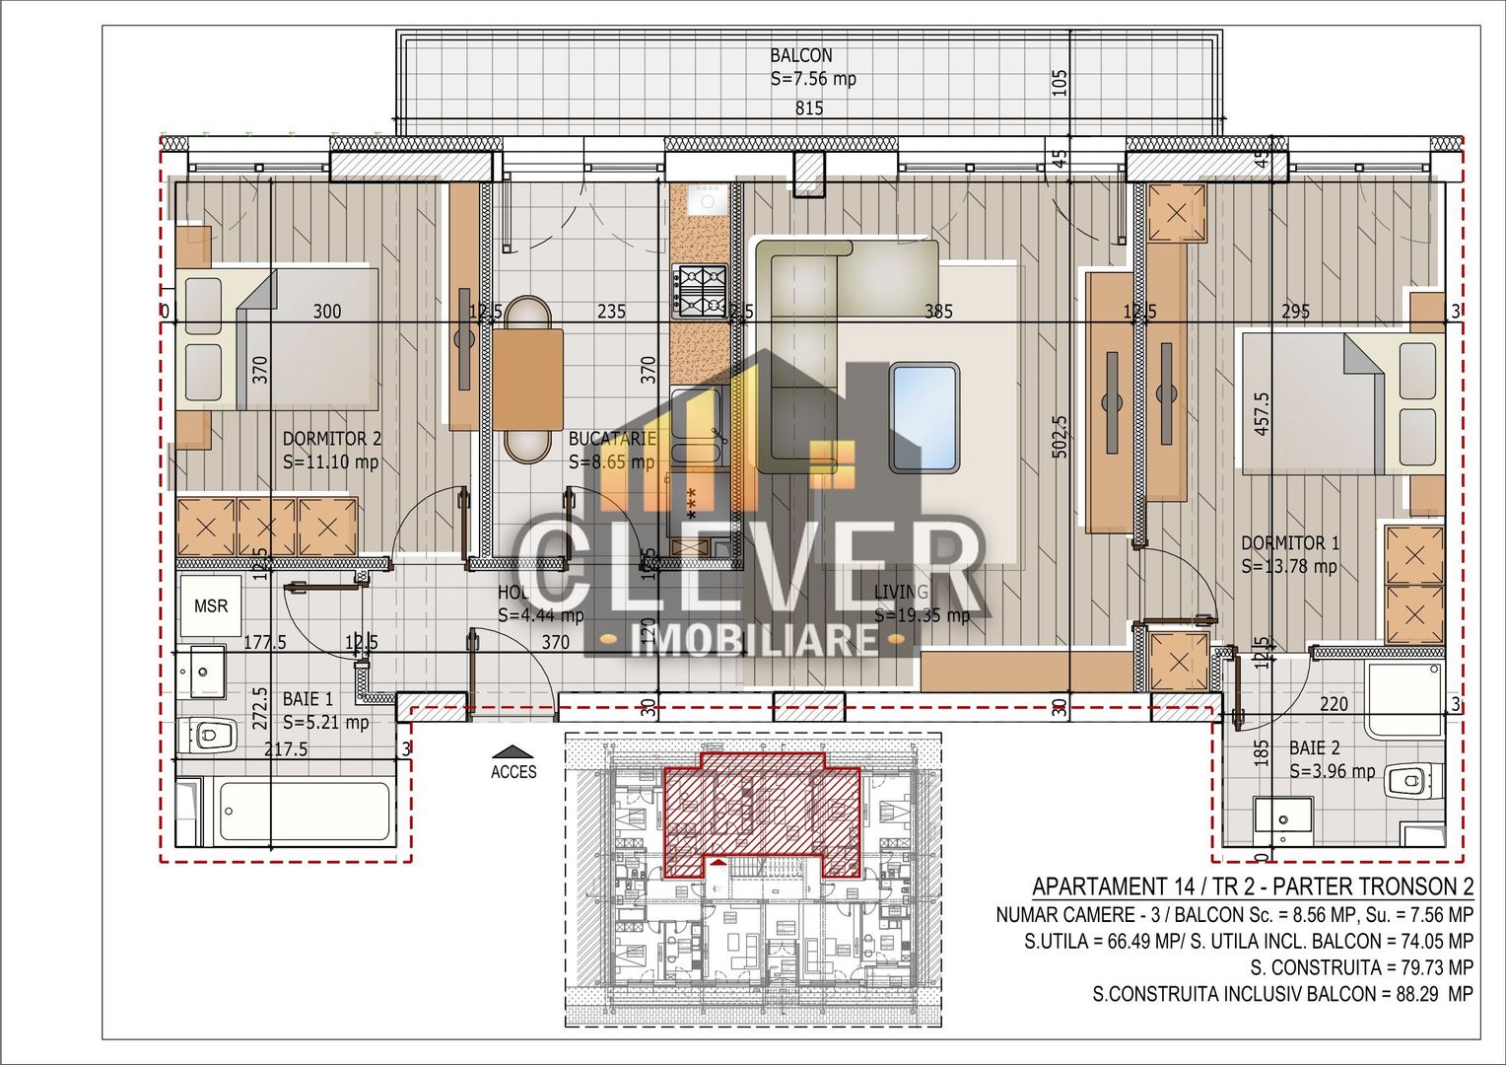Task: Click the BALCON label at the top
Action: [x=800, y=56]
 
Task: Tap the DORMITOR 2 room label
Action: [x=331, y=440]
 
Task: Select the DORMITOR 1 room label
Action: [x=1289, y=543]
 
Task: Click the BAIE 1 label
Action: [x=308, y=699]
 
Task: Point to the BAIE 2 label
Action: [x=1314, y=748]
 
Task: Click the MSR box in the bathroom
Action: [x=211, y=605]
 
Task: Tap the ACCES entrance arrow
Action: [x=513, y=752]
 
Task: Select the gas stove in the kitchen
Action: [x=700, y=290]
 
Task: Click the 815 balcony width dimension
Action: [x=808, y=109]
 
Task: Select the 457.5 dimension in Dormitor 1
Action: [x=1262, y=412]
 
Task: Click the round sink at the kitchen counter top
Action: [x=706, y=201]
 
